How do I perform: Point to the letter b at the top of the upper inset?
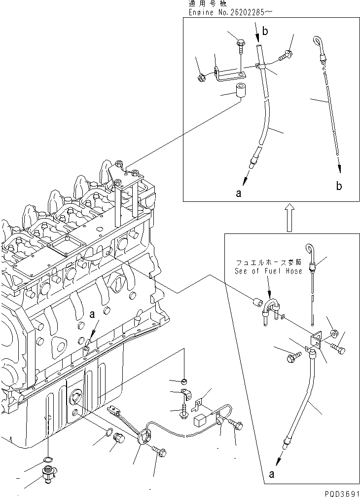click(x=265, y=32)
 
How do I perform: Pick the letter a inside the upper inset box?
click(x=239, y=194)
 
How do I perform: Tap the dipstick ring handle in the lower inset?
click(x=309, y=251)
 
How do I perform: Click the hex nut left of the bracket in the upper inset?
click(x=201, y=77)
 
